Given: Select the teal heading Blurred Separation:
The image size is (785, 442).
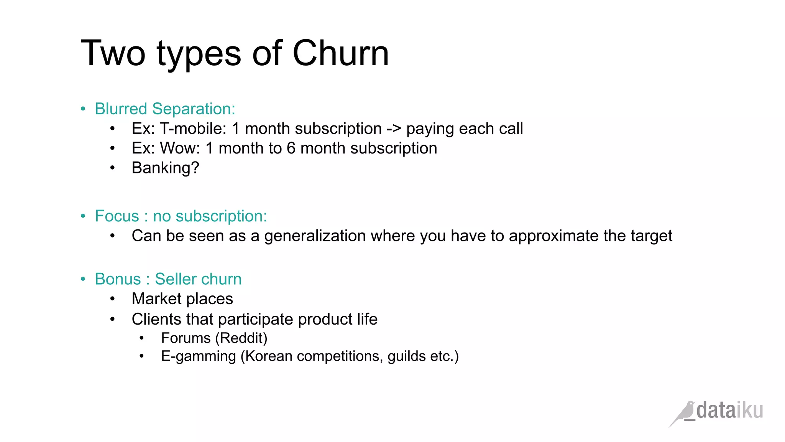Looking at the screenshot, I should pyautogui.click(x=165, y=109).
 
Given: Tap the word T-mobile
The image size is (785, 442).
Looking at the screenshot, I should pyautogui.click(x=193, y=129).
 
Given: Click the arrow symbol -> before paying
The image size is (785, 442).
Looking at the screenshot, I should pyautogui.click(x=394, y=129).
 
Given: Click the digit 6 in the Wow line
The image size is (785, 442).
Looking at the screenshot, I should pyautogui.click(x=291, y=148).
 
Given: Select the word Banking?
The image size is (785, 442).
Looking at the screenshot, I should pyautogui.click(x=165, y=168).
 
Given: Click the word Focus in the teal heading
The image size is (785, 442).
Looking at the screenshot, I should pyautogui.click(x=117, y=216).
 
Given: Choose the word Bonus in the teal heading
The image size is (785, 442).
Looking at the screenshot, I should pyautogui.click(x=118, y=279).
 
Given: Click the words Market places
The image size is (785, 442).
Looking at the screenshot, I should pyautogui.click(x=182, y=299).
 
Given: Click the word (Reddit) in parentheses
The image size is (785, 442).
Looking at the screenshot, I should pyautogui.click(x=241, y=338).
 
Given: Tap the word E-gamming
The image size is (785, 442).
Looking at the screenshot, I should pyautogui.click(x=198, y=356).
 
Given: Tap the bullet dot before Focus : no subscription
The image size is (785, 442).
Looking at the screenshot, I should pyautogui.click(x=83, y=216).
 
